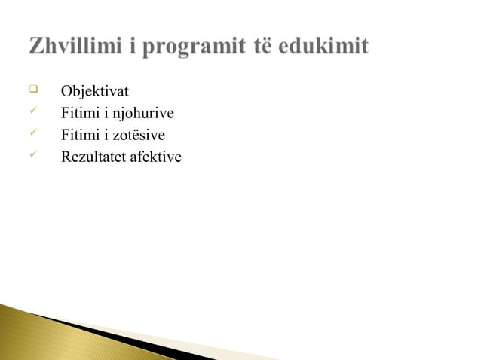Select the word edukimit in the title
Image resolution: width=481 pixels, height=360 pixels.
(x=323, y=47)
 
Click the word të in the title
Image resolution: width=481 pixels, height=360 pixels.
(x=260, y=47)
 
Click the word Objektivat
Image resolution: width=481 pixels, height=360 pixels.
(x=94, y=92)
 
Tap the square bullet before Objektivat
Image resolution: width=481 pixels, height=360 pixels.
(x=33, y=90)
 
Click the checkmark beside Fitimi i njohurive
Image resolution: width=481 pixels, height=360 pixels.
(x=33, y=112)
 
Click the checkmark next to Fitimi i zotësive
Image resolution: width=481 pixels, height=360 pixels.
(x=33, y=134)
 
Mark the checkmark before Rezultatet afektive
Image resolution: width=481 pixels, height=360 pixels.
(x=33, y=156)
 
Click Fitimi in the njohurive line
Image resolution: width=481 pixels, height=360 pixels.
(x=78, y=114)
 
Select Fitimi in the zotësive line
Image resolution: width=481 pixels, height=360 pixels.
(x=78, y=136)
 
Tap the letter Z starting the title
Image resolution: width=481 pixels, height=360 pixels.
(x=36, y=47)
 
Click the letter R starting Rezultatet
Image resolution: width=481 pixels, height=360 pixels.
(x=66, y=157)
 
